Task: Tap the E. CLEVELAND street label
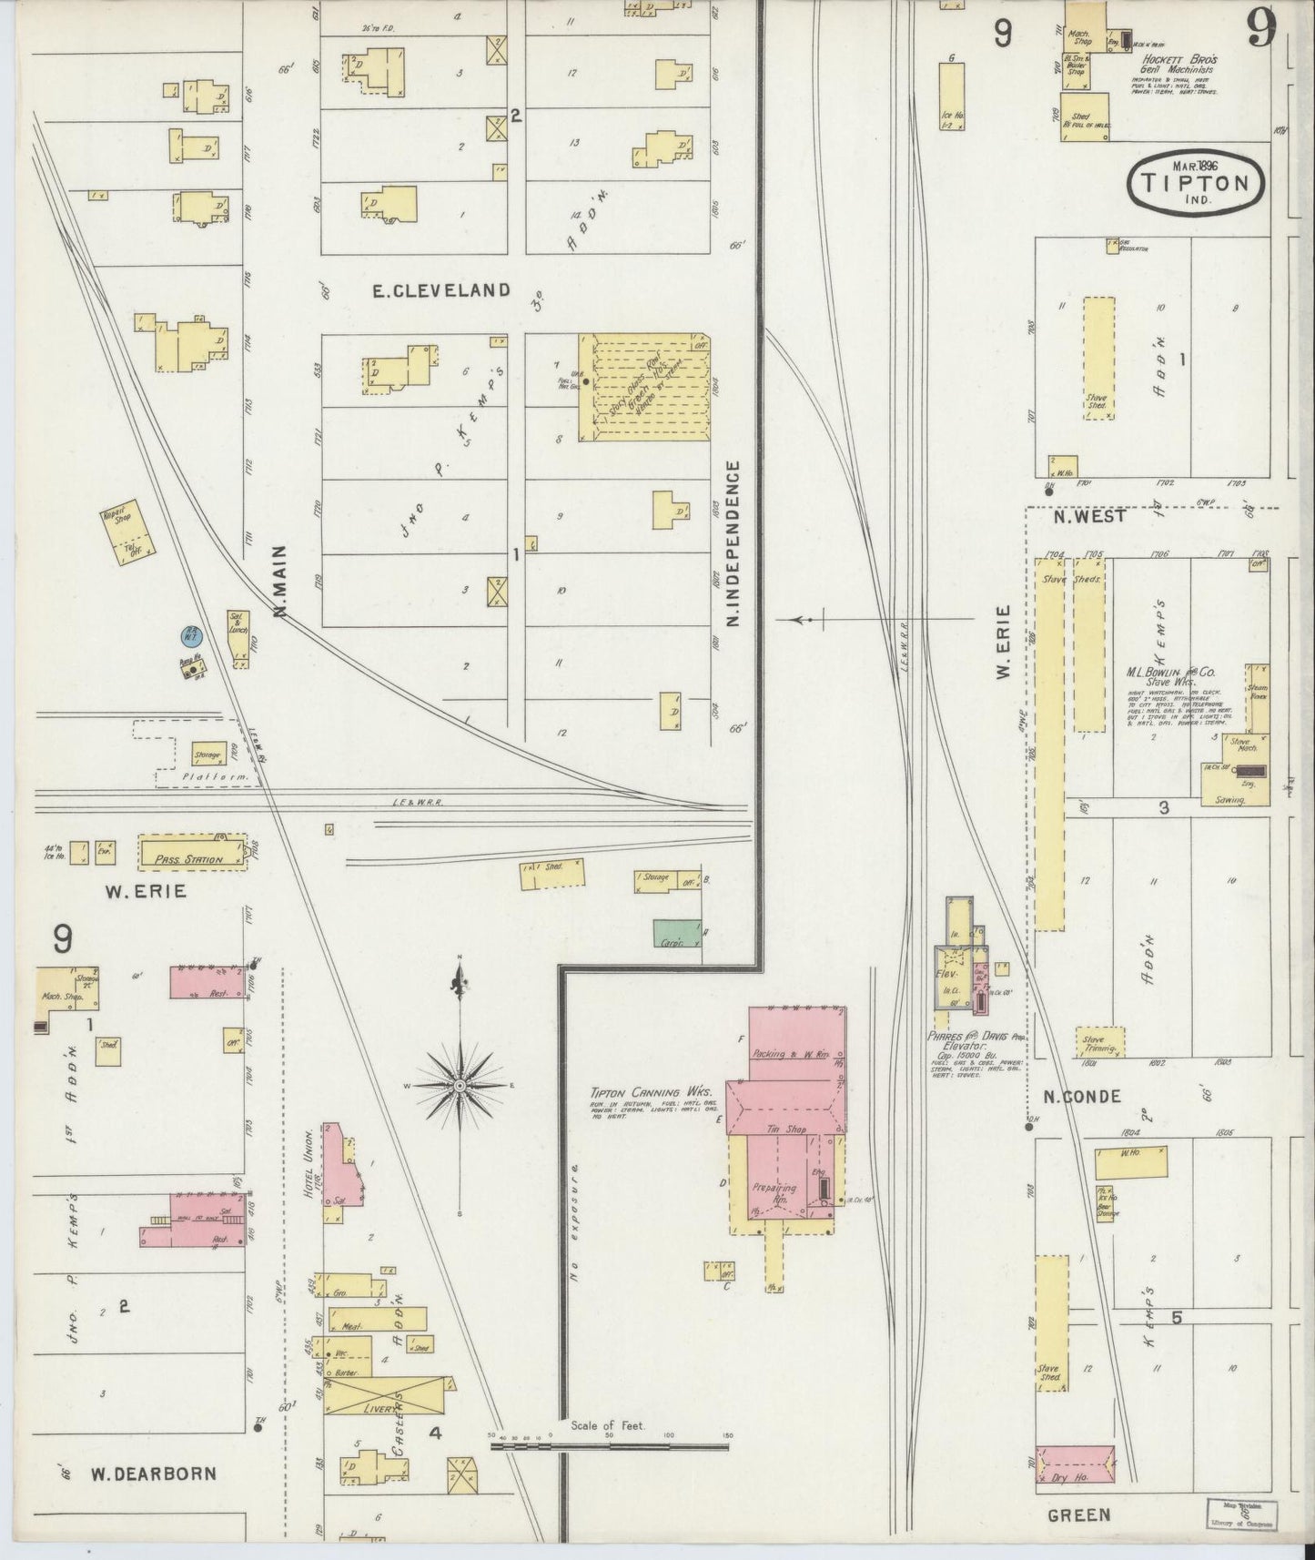(441, 290)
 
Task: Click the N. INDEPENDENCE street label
(733, 543)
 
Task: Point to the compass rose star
(461, 1085)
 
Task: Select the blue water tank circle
(191, 635)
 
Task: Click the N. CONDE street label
(1081, 1097)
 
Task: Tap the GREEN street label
(1079, 1514)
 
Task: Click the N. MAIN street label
(279, 582)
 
